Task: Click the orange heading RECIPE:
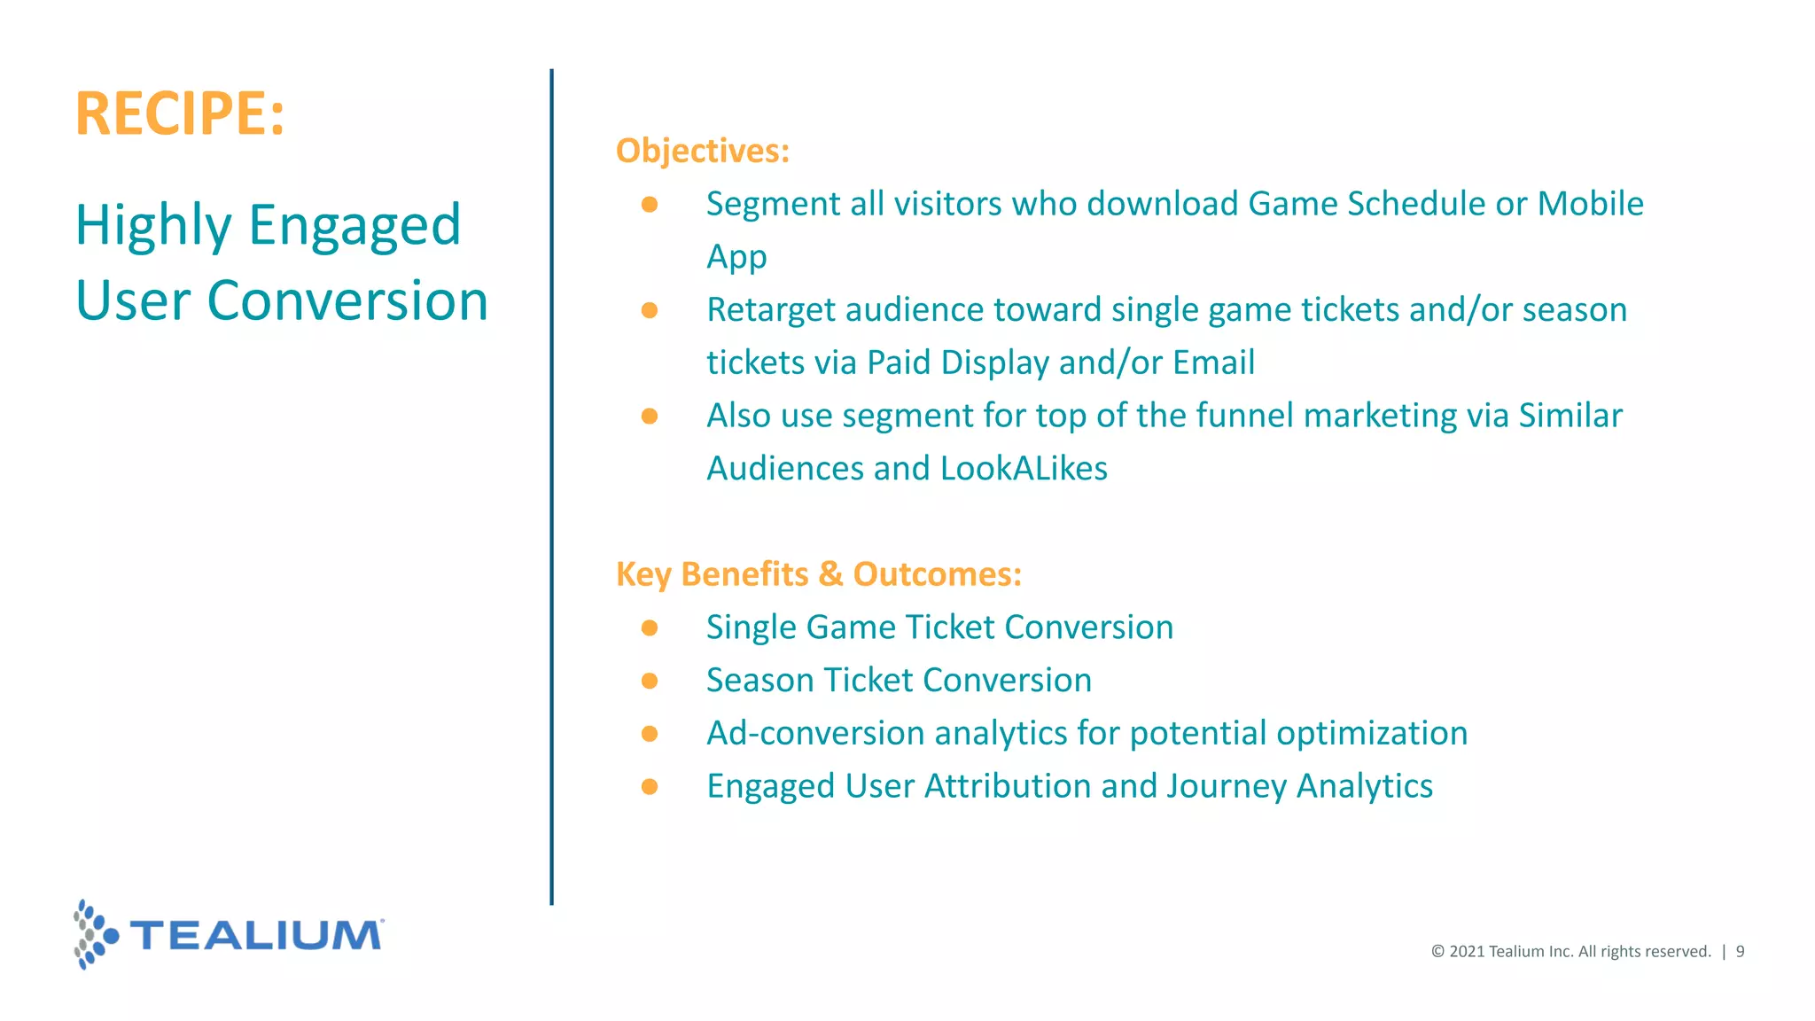[180, 113]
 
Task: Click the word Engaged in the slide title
[354, 225]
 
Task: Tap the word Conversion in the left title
[347, 301]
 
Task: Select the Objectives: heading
[702, 151]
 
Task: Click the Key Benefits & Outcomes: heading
[818, 574]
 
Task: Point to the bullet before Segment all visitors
[650, 205]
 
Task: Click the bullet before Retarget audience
[650, 310]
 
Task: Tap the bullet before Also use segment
[650, 417]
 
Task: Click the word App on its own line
[736, 258]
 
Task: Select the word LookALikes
[1024, 469]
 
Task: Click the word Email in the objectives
[1213, 362]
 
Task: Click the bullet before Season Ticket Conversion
[650, 681]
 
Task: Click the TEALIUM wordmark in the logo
[257, 936]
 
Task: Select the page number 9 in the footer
[1740, 952]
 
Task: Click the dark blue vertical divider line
[551, 487]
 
